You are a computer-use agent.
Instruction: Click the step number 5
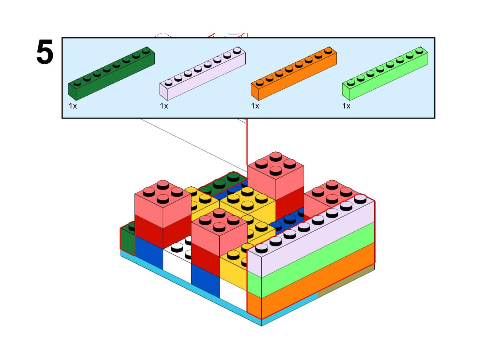[x=45, y=52]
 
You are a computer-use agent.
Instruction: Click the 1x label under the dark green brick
[x=73, y=106]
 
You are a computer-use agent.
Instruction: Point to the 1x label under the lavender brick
[x=164, y=106]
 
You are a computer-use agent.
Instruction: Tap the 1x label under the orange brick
[x=255, y=106]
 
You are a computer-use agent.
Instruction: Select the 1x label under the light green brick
[x=346, y=106]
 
